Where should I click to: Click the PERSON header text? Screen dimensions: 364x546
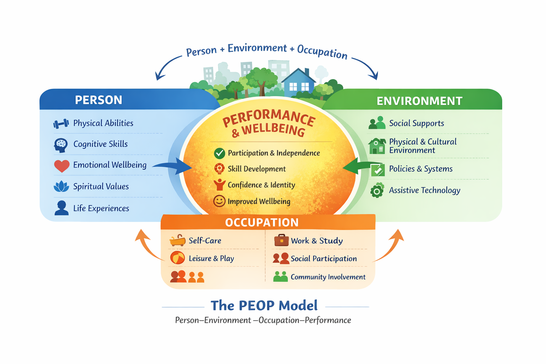tap(98, 100)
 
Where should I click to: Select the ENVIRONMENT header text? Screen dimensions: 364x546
tap(419, 101)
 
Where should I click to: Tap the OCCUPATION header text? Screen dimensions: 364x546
tap(262, 222)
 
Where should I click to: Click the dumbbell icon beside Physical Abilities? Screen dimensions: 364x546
tap(61, 123)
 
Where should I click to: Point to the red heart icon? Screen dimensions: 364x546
tap(61, 166)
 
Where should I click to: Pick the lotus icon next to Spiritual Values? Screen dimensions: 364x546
tap(61, 186)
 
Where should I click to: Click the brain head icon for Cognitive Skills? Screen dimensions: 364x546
tap(61, 145)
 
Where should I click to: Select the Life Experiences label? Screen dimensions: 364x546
tap(101, 208)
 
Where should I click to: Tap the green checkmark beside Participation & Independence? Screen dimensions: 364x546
tap(219, 153)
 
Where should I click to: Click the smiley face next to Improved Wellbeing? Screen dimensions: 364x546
tap(219, 201)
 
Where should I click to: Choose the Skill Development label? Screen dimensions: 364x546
tap(257, 169)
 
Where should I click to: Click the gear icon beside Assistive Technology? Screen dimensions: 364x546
tap(377, 191)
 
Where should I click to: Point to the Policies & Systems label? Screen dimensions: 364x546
tap(421, 169)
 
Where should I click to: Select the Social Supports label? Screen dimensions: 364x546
tap(416, 123)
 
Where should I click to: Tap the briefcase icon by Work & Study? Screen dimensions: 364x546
tap(281, 240)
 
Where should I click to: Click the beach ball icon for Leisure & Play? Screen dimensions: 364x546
tap(177, 258)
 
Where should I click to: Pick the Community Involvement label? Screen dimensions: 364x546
tap(328, 277)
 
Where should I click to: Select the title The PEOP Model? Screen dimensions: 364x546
tap(264, 305)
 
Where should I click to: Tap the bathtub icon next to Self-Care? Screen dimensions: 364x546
tap(177, 241)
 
